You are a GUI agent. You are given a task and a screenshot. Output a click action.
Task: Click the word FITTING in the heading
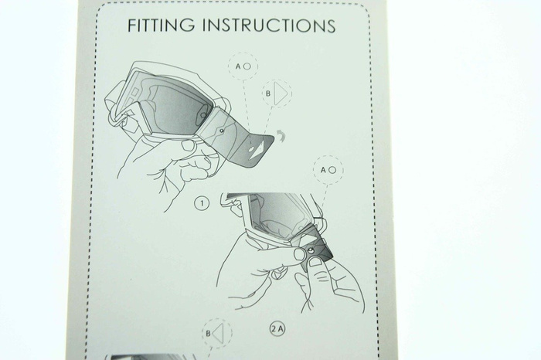[x=161, y=25]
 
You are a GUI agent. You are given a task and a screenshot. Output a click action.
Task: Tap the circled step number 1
[x=202, y=203]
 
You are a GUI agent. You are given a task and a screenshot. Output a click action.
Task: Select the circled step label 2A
[x=277, y=328]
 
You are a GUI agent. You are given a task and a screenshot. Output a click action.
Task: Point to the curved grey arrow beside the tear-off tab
[x=281, y=135]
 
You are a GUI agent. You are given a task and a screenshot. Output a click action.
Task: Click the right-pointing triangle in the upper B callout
[x=281, y=93]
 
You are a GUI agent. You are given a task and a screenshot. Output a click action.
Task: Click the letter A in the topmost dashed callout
[x=238, y=66]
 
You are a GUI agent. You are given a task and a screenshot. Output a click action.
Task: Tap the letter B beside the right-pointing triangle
[x=268, y=93]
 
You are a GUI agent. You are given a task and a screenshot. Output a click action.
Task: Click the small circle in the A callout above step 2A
[x=332, y=170]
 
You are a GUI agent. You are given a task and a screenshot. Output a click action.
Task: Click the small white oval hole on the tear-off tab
[x=251, y=149]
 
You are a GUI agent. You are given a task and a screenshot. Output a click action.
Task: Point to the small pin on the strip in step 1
[x=221, y=131]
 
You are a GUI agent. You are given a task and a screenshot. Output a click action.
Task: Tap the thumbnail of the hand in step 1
[x=189, y=145]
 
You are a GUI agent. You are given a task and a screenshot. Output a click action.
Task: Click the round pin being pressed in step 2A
[x=310, y=251]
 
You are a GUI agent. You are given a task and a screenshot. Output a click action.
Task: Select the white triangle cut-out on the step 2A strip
[x=306, y=239]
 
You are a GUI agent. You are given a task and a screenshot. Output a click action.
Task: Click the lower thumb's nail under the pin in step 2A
[x=315, y=263]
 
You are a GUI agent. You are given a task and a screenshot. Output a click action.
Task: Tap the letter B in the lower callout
[x=208, y=334]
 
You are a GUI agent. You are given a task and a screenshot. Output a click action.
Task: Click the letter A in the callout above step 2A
[x=323, y=170]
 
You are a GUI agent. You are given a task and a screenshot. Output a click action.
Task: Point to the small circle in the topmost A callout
[x=247, y=66]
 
